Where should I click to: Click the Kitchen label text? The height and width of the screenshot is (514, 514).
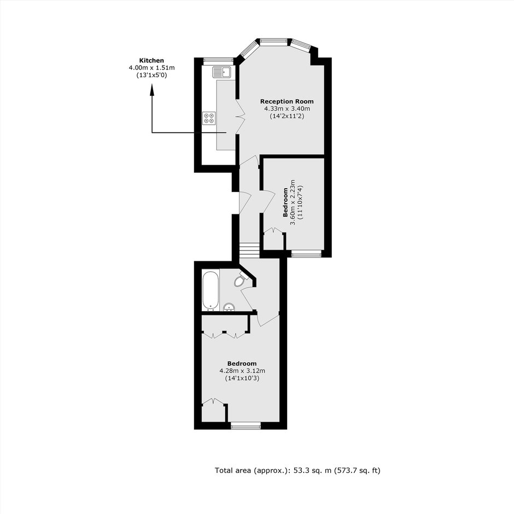click(x=151, y=60)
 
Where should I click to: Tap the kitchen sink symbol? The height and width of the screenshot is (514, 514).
click(x=222, y=72)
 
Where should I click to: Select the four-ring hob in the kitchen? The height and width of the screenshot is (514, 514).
click(x=209, y=118)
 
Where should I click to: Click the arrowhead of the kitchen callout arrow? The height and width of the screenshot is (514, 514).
click(x=152, y=89)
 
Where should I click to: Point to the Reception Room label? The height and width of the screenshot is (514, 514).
click(x=287, y=101)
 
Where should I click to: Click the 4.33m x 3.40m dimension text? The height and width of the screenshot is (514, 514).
click(x=287, y=108)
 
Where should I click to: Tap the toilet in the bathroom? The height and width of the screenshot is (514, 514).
click(x=241, y=279)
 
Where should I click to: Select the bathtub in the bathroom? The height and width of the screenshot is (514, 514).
click(x=211, y=290)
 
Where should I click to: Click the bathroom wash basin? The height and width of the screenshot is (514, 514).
click(x=229, y=307)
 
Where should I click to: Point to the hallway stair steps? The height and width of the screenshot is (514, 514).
click(x=250, y=251)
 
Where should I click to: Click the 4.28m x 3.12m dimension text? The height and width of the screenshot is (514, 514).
click(x=242, y=371)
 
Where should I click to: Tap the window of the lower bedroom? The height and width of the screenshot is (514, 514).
click(x=246, y=426)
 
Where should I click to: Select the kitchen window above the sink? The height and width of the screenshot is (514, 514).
click(x=218, y=61)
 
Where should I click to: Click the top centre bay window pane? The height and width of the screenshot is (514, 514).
click(x=273, y=42)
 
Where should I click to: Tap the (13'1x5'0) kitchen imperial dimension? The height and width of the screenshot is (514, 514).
click(x=152, y=75)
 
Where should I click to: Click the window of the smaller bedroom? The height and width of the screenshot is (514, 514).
click(x=307, y=254)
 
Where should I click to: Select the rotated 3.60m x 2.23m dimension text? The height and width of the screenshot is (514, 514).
click(x=293, y=202)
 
